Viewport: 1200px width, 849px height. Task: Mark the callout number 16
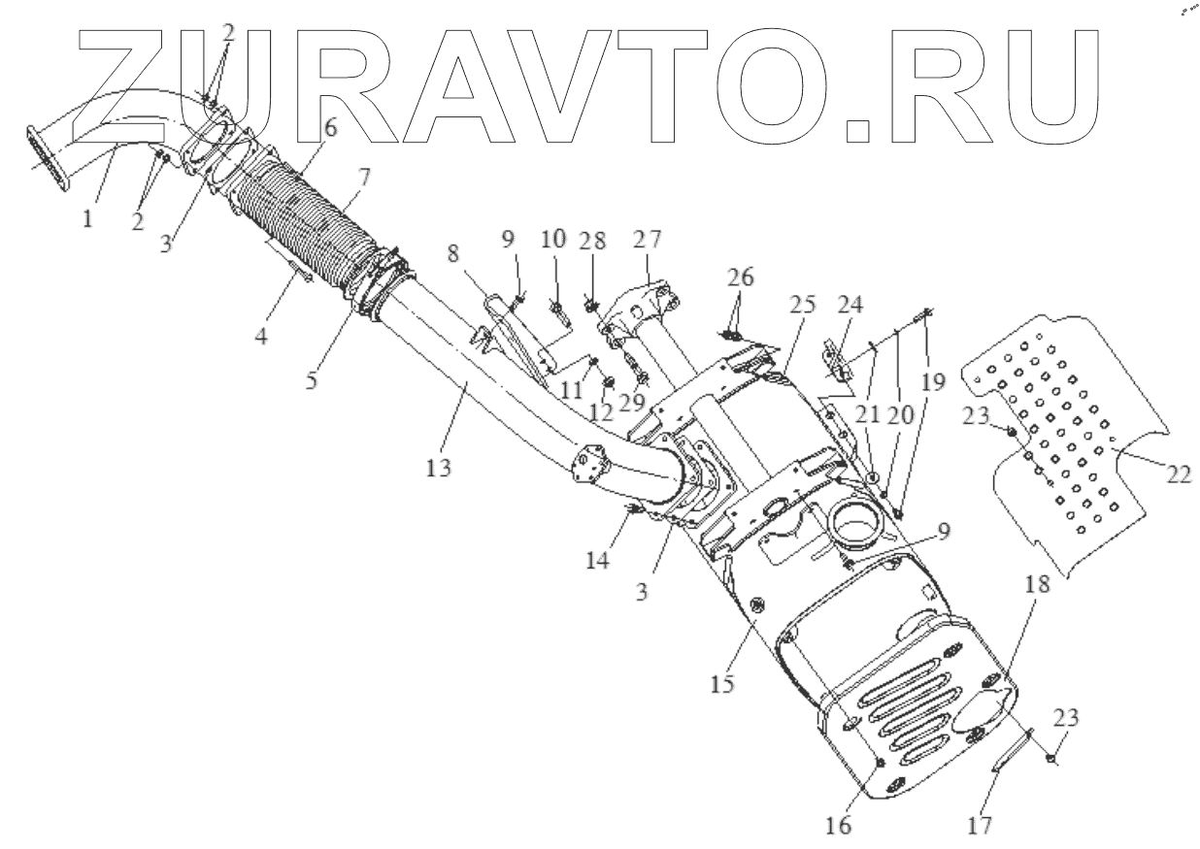point(839,826)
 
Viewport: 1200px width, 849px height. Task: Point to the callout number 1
point(86,220)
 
